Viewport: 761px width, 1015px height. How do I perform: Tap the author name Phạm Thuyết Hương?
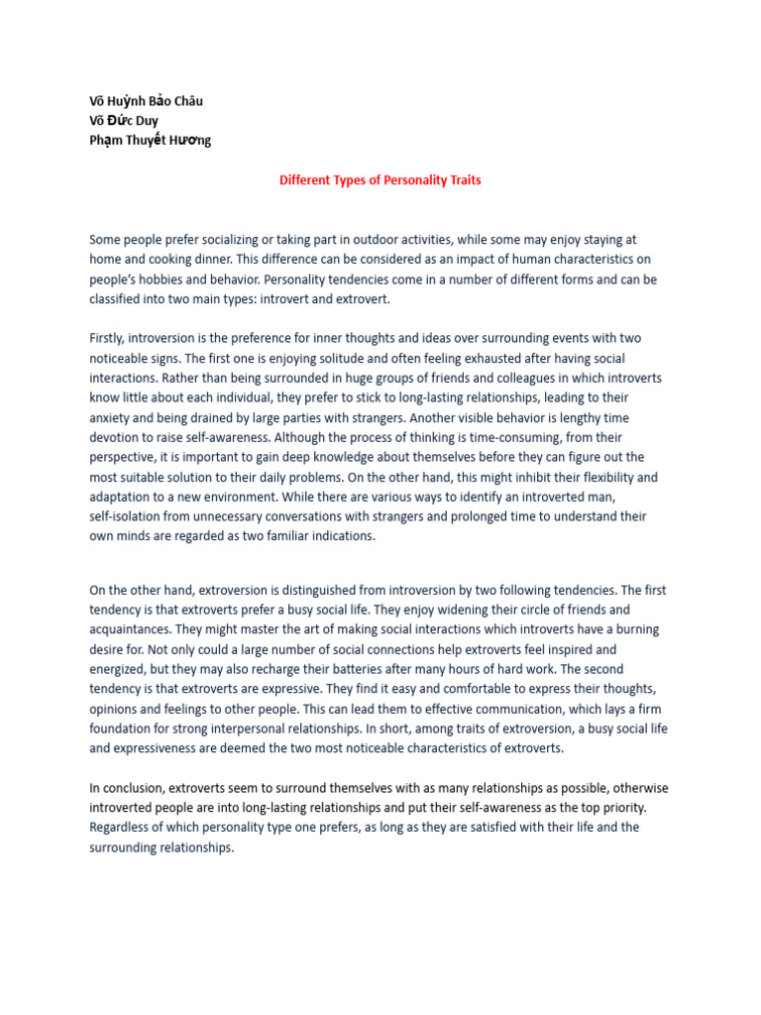(150, 140)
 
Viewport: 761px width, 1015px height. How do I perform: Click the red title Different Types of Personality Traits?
(380, 180)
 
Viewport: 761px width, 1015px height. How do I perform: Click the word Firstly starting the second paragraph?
(107, 339)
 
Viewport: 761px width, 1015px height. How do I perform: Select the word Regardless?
(123, 828)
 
